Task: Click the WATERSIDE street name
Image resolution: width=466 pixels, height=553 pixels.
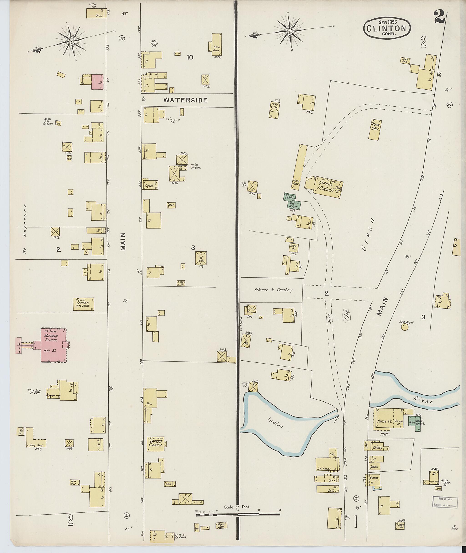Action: pyautogui.click(x=185, y=100)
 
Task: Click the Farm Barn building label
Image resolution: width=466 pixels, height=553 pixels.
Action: pyautogui.click(x=217, y=49)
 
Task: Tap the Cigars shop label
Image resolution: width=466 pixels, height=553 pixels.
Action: pyautogui.click(x=149, y=186)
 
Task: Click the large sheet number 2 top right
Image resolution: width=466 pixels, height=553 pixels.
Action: pyautogui.click(x=440, y=18)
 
